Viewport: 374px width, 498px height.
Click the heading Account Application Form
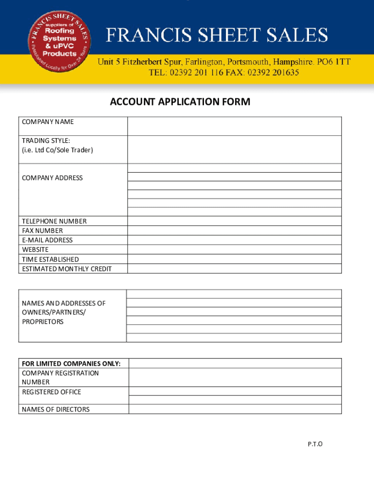[180, 102]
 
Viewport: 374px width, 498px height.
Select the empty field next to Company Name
[234, 126]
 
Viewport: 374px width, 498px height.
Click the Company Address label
[52, 178]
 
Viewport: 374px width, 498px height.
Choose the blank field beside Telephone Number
[234, 221]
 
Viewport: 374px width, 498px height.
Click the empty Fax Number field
[234, 231]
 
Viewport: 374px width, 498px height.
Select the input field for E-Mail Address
[234, 240]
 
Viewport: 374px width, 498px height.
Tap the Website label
[35, 249]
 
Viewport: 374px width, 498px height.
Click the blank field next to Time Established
[234, 259]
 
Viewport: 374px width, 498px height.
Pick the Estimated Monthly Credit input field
[234, 268]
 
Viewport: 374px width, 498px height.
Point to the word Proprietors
[43, 321]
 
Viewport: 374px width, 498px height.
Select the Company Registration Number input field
[235, 377]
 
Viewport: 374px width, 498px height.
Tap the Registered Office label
[51, 391]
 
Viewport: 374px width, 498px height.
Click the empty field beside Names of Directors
[235, 409]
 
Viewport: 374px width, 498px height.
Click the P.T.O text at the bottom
[315, 444]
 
